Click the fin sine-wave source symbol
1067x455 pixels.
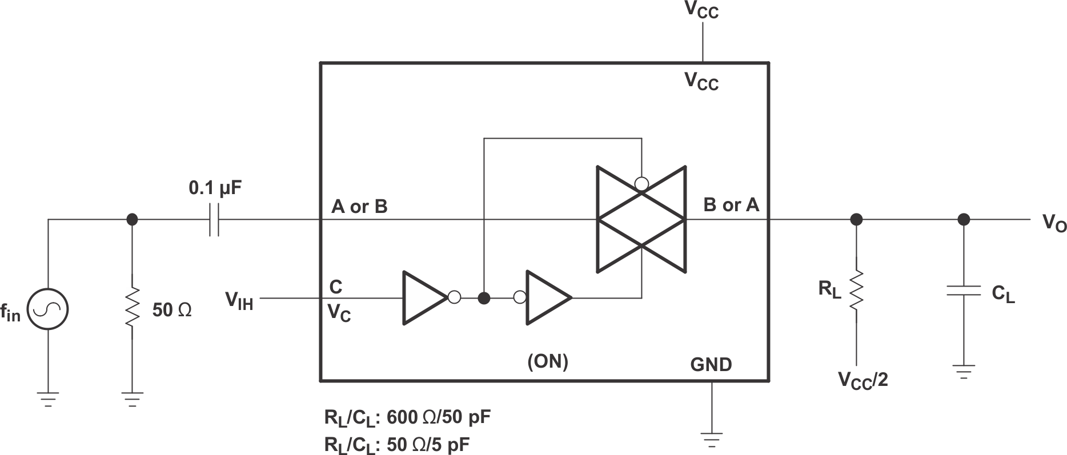coord(48,309)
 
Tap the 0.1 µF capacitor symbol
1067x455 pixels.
coord(214,219)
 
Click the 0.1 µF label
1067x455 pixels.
coord(215,188)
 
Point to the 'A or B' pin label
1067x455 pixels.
coord(359,207)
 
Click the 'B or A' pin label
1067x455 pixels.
coord(731,204)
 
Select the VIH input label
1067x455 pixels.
coord(239,299)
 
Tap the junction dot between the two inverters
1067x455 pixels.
coord(484,298)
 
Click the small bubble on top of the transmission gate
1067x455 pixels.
coord(642,184)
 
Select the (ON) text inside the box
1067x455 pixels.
coord(547,361)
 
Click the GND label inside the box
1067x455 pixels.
coord(711,364)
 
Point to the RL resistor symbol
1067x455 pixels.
coord(856,291)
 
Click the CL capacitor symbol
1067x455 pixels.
coord(963,291)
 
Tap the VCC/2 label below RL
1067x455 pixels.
coord(863,380)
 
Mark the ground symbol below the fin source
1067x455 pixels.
coord(48,398)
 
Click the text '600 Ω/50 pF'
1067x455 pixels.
coord(439,418)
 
